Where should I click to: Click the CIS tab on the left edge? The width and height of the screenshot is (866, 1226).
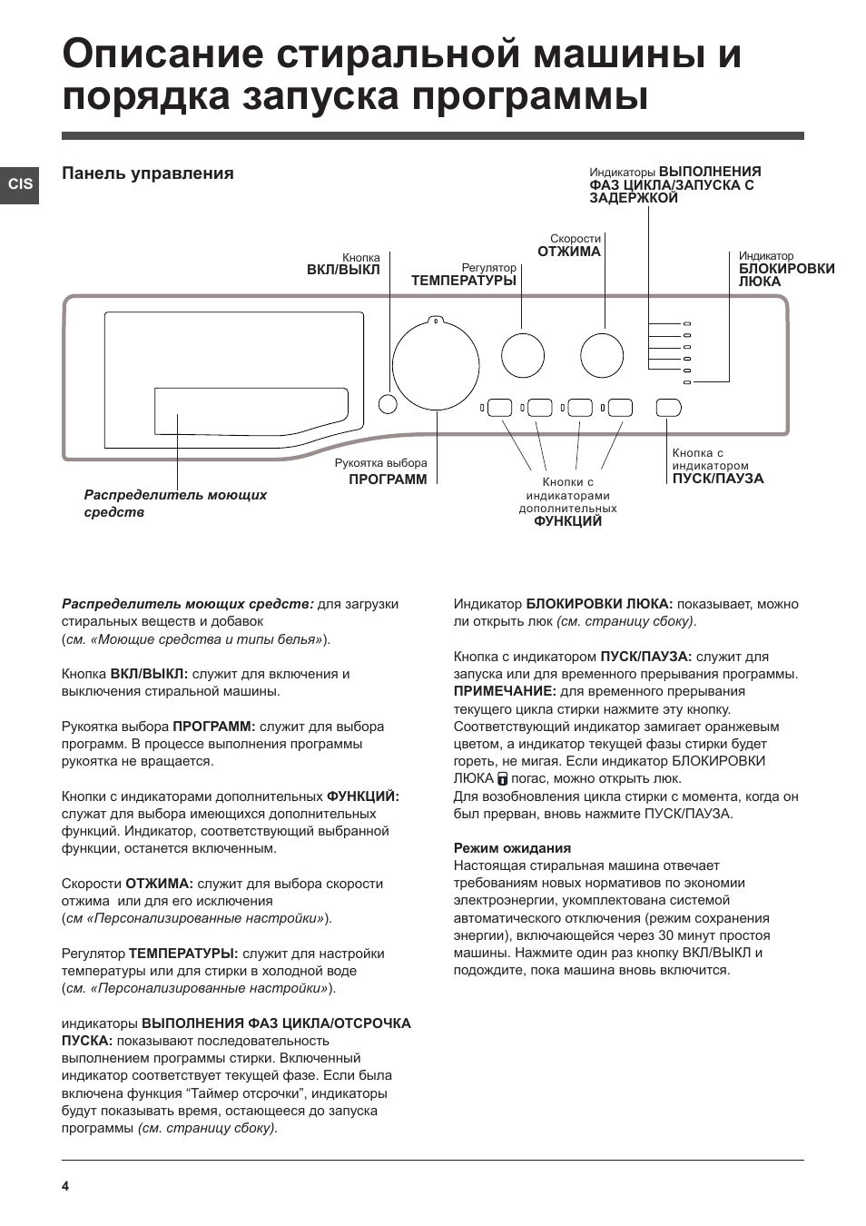[20, 184]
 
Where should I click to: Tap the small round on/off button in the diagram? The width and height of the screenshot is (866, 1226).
[387, 405]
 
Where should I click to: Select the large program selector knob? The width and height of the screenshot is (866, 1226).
[436, 364]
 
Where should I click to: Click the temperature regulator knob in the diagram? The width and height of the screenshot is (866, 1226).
[523, 355]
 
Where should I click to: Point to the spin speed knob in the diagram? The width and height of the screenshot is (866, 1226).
[602, 355]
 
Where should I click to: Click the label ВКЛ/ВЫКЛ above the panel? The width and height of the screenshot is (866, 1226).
[343, 270]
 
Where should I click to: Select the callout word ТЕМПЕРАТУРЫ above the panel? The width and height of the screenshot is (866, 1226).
[463, 281]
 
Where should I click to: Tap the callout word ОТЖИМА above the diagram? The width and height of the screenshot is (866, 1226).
[569, 252]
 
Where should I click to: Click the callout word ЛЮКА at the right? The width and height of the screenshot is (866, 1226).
[760, 282]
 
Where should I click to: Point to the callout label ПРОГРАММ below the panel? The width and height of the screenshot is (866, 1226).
[388, 480]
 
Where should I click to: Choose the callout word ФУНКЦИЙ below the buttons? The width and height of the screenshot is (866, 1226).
[567, 521]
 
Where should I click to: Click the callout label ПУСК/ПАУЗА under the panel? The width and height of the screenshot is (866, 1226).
[718, 479]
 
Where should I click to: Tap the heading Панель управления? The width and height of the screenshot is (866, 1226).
[148, 173]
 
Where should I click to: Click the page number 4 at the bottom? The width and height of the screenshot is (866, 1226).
[65, 1186]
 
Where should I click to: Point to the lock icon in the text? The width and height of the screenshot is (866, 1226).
[502, 778]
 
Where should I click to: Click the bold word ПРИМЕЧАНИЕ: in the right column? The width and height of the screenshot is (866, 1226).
[505, 691]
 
